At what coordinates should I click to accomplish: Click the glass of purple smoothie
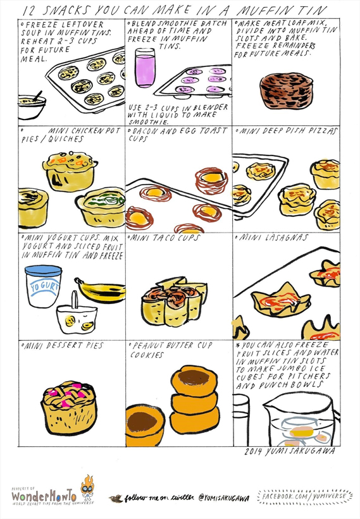(145, 68)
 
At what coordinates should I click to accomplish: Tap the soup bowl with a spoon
(31, 106)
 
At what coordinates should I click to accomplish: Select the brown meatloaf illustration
(286, 90)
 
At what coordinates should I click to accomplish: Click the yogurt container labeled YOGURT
(44, 286)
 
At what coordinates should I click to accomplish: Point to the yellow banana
(101, 291)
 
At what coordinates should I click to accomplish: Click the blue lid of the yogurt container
(44, 271)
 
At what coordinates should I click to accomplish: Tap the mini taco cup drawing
(174, 301)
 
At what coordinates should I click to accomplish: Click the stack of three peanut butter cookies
(195, 399)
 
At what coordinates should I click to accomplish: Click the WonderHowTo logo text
(44, 496)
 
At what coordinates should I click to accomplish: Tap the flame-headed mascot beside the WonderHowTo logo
(87, 487)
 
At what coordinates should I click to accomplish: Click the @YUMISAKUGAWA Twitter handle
(223, 498)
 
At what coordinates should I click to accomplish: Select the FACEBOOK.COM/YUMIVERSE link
(304, 496)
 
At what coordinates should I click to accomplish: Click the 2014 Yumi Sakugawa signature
(290, 451)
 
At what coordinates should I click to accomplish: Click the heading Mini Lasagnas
(273, 238)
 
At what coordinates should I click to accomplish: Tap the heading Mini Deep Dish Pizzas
(288, 131)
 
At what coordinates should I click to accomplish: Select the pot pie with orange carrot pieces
(70, 171)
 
